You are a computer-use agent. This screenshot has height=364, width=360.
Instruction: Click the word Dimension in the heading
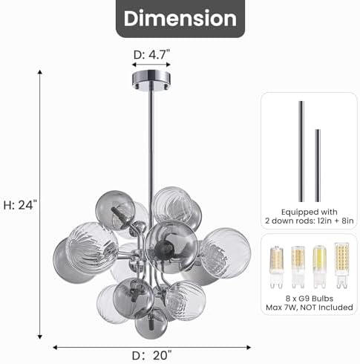[180, 19]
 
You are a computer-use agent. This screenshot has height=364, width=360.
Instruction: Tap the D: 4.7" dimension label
[151, 55]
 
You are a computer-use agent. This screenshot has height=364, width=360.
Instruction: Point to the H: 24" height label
[20, 205]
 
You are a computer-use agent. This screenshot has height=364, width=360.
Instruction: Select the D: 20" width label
[151, 356]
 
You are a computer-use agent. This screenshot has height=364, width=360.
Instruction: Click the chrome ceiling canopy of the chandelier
[151, 79]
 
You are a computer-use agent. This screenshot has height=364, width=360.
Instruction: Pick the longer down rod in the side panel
[301, 152]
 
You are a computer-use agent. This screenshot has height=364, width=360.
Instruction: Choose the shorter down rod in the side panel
[318, 166]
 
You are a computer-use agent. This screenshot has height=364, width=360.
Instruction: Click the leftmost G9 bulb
[276, 267]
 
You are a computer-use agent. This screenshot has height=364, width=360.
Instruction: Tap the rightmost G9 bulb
[341, 265]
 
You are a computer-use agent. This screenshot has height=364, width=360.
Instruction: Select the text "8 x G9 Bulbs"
[310, 299]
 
